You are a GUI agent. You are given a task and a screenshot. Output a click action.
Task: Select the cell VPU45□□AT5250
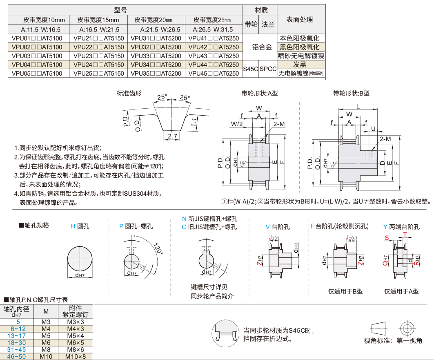214,74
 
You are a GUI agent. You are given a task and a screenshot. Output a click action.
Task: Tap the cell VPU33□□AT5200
156,56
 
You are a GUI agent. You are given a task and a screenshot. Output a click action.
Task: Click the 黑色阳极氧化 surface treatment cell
301,47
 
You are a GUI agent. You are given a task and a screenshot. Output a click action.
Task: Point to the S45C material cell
250,69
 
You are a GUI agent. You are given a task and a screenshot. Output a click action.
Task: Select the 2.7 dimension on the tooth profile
172,136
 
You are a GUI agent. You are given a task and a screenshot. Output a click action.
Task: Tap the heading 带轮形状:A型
259,93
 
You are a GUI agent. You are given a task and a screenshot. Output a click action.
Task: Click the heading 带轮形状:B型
351,93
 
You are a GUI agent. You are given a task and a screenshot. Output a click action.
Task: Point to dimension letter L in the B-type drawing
358,106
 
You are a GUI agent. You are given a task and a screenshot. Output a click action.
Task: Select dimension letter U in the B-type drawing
373,129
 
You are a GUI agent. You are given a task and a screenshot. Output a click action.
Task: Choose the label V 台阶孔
278,226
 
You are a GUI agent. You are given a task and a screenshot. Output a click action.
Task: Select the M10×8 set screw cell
76,356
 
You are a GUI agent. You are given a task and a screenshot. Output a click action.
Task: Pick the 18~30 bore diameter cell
18,342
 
